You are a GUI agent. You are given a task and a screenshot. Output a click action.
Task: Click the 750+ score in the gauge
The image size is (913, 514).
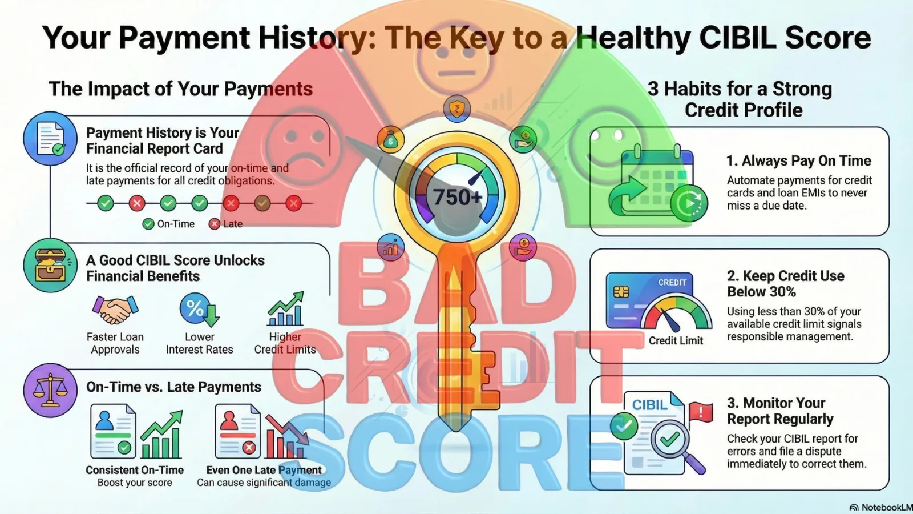point(457,197)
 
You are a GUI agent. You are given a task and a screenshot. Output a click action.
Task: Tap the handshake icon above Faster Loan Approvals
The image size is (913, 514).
point(115,310)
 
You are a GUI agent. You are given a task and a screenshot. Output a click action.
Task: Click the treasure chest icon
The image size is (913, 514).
point(50,266)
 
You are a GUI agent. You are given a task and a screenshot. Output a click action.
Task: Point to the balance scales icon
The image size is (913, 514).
point(50,391)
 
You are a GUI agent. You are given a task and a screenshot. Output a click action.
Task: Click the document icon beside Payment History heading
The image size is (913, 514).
point(50,139)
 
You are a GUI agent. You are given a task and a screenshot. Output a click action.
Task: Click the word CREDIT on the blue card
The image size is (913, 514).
point(672,282)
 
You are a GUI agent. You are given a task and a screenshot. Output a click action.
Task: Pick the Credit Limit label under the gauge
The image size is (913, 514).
point(676,340)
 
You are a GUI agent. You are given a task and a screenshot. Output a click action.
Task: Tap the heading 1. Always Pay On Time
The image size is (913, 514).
point(799,160)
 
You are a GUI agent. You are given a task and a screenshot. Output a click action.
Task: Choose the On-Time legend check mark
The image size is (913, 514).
point(148,224)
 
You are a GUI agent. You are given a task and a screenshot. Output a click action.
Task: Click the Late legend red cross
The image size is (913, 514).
point(215,224)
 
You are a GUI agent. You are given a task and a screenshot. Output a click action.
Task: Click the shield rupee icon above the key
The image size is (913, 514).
point(457,109)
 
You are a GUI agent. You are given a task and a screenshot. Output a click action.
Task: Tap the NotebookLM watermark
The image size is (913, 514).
point(880,508)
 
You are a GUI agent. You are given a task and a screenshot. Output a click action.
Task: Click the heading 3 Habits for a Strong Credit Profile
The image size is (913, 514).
point(740,99)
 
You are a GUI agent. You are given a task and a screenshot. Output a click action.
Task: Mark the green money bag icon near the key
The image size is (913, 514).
point(390,139)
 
